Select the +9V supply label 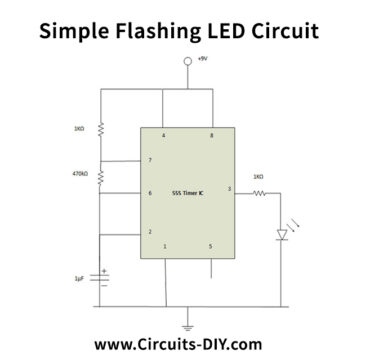click(202, 60)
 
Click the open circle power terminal click(187, 63)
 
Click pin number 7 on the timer click(150, 160)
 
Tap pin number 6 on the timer click(150, 193)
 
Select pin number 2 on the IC click(150, 232)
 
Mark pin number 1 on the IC click(164, 246)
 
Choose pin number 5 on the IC click(210, 246)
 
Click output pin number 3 click(229, 188)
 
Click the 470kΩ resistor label click(81, 174)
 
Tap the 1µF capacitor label click(79, 277)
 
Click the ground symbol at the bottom click(187, 325)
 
